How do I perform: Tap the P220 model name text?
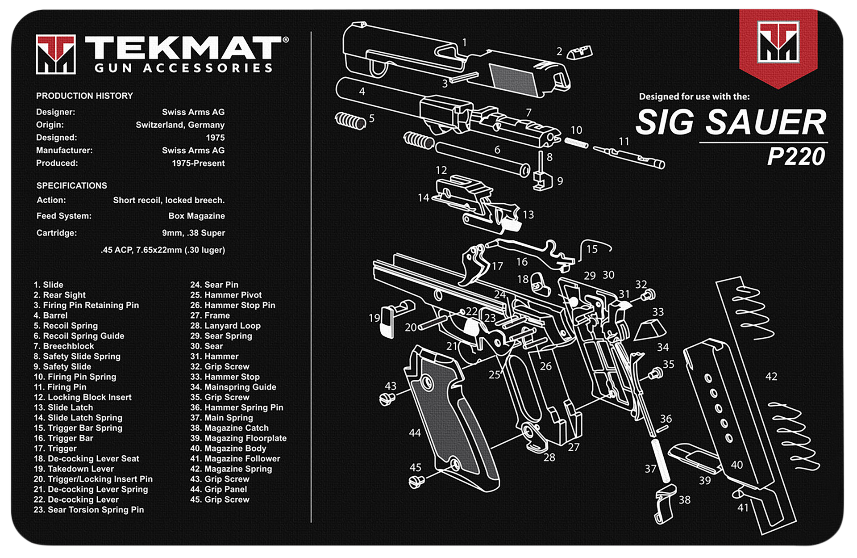(x=796, y=156)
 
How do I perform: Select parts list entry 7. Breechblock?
(x=64, y=346)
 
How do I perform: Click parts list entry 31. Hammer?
(x=214, y=357)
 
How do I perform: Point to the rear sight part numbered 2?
(x=579, y=53)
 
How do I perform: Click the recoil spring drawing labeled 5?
(x=350, y=120)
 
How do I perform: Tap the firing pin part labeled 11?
(x=629, y=156)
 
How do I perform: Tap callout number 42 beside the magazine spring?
(x=771, y=377)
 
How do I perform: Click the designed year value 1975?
(x=215, y=138)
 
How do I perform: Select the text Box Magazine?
(x=196, y=216)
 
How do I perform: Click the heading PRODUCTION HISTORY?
(x=84, y=96)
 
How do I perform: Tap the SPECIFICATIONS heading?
(x=71, y=186)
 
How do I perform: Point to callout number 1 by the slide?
(x=465, y=42)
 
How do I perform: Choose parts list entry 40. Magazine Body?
(x=228, y=449)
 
